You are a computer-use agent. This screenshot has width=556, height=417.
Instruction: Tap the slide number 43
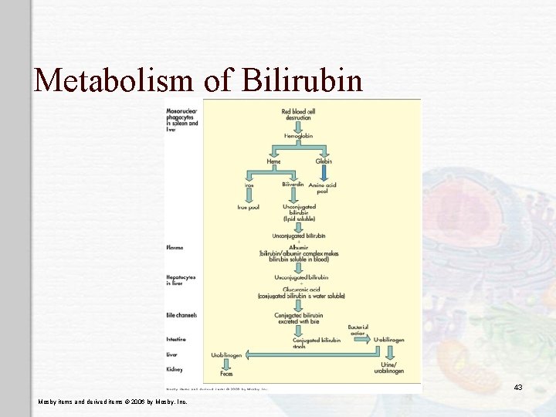click(518, 387)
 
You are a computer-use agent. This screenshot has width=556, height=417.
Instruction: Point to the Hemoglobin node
click(298, 135)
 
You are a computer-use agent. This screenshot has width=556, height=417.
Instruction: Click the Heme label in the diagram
click(273, 161)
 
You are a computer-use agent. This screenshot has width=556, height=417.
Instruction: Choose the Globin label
click(324, 161)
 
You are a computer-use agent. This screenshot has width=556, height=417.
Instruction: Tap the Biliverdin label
click(293, 185)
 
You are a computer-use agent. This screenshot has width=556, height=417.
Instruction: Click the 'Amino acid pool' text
click(323, 188)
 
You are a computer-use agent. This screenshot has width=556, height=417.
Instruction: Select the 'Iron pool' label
click(248, 208)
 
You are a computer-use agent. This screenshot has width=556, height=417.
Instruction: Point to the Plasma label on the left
click(175, 248)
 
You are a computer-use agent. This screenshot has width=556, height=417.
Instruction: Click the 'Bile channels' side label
click(181, 315)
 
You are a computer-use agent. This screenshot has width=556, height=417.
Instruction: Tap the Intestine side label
click(177, 339)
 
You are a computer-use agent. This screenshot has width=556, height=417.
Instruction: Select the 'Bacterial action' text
click(358, 330)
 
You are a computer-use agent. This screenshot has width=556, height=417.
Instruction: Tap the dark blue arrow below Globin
click(324, 174)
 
